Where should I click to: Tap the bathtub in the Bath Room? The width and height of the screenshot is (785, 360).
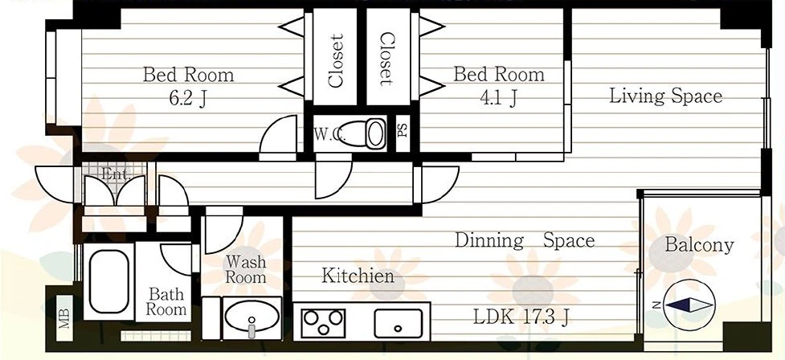pos(108,281)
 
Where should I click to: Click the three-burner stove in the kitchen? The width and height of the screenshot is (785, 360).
pos(324,322)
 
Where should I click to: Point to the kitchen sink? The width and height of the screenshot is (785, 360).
pos(398,324)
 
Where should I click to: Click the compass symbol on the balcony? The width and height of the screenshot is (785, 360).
pos(689,305)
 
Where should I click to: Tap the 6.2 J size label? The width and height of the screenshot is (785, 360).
pos(188,98)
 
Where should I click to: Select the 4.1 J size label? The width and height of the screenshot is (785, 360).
pos(498,98)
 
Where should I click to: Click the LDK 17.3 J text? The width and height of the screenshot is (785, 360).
pos(521,317)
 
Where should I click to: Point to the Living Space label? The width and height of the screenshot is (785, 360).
pos(665,95)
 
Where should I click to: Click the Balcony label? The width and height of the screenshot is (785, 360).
pos(699,245)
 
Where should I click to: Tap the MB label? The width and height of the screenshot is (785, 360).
pos(64,318)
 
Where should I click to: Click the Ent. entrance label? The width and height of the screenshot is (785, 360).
pos(116,174)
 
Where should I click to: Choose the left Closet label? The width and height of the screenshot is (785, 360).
pos(335,60)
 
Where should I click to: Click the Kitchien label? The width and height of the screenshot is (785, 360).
pos(358,276)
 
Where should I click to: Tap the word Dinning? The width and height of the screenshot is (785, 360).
pos(489,241)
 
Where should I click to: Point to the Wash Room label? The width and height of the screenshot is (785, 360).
pos(245,269)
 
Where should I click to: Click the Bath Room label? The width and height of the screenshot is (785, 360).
pos(166,302)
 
